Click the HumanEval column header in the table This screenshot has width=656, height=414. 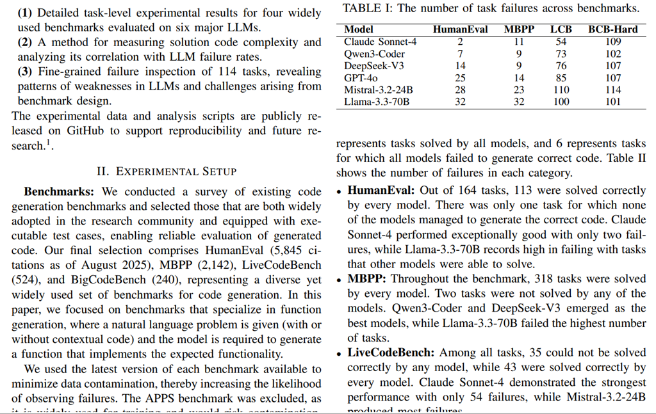coord(460,29)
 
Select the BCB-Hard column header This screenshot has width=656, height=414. coord(613,29)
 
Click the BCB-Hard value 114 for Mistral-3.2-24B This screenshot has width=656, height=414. coord(613,90)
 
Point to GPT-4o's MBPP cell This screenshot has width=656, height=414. coord(519,77)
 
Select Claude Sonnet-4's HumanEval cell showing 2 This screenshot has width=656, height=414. coord(460,42)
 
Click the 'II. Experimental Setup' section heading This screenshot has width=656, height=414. coord(167,171)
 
